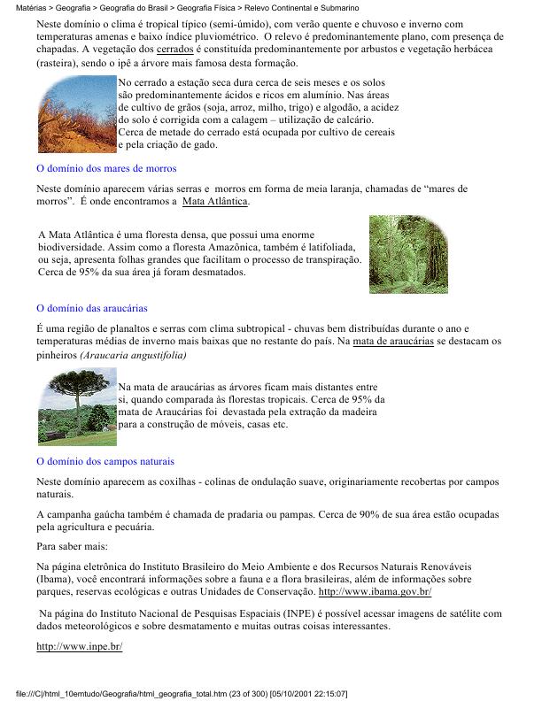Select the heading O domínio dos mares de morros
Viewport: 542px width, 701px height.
click(106, 167)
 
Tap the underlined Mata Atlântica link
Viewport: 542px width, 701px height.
click(216, 202)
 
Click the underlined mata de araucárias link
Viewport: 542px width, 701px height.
click(392, 341)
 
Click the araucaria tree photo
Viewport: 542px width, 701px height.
click(76, 408)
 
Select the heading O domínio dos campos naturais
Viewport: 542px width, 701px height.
click(105, 461)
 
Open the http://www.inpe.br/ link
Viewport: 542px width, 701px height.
click(79, 646)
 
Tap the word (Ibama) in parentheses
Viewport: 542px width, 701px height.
click(56, 578)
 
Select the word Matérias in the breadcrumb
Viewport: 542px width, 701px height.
click(21, 6)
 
